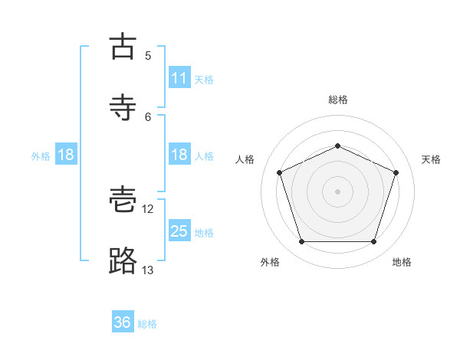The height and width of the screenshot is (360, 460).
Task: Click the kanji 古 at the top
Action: coord(123,46)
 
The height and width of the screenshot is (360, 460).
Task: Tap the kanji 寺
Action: coord(123,107)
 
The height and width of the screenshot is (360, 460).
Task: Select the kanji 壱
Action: coord(123,199)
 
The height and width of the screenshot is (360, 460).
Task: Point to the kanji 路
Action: coord(123,260)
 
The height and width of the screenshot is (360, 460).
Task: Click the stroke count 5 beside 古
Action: coord(148,56)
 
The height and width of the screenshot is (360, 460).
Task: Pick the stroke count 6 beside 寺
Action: coord(148,117)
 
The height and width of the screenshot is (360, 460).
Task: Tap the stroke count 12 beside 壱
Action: coord(147,209)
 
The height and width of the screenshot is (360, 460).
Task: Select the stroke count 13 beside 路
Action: coord(147,270)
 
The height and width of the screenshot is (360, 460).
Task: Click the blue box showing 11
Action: coord(179,77)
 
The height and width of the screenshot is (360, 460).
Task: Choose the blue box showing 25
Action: coord(179,230)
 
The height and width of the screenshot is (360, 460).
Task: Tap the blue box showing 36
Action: coord(123,321)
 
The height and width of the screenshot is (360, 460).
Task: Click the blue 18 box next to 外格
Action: coord(66,154)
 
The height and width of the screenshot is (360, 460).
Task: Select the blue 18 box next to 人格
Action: coord(179,154)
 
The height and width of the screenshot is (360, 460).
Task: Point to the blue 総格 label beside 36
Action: coord(147,324)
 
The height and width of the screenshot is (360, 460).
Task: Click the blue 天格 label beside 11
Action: coord(204,80)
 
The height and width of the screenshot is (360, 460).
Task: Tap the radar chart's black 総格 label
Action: coord(338,100)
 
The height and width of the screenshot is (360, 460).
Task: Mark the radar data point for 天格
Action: coord(396,172)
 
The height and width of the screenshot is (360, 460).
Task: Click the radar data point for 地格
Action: coord(373,241)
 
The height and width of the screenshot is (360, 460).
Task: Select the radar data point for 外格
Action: coord(302,241)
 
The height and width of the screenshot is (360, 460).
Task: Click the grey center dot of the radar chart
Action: coord(337,191)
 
